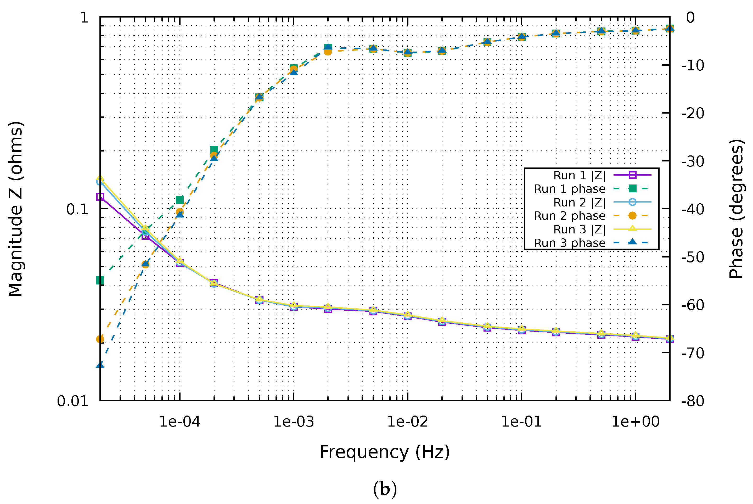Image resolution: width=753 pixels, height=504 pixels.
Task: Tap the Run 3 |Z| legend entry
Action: pyautogui.click(x=579, y=229)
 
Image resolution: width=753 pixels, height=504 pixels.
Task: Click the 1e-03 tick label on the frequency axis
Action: pyautogui.click(x=293, y=421)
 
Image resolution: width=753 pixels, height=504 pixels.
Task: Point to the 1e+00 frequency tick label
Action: pyautogui.click(x=635, y=421)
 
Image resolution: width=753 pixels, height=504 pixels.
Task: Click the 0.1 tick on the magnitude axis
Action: pyautogui.click(x=77, y=209)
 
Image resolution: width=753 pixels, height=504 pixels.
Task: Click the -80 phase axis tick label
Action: pyautogui.click(x=693, y=401)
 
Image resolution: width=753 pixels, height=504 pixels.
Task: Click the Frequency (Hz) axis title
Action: pyautogui.click(x=384, y=452)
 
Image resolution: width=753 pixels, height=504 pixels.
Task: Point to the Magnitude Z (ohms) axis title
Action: pyautogui.click(x=15, y=209)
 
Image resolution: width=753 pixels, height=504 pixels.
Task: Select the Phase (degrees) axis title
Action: pyautogui.click(x=736, y=209)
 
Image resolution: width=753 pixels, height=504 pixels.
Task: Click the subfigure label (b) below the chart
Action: pyautogui.click(x=385, y=489)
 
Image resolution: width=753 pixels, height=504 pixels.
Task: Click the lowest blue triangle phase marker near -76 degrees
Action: pyautogui.click(x=100, y=365)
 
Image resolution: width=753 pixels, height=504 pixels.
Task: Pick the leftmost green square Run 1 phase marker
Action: pyautogui.click(x=100, y=281)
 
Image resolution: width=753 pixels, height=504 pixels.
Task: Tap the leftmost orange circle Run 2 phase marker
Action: pyautogui.click(x=100, y=339)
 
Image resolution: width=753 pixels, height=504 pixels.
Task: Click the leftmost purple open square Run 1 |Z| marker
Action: pyautogui.click(x=100, y=197)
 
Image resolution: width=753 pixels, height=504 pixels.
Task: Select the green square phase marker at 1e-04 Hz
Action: pyautogui.click(x=180, y=200)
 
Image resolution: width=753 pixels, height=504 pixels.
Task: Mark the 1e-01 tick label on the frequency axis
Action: pyautogui.click(x=521, y=421)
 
